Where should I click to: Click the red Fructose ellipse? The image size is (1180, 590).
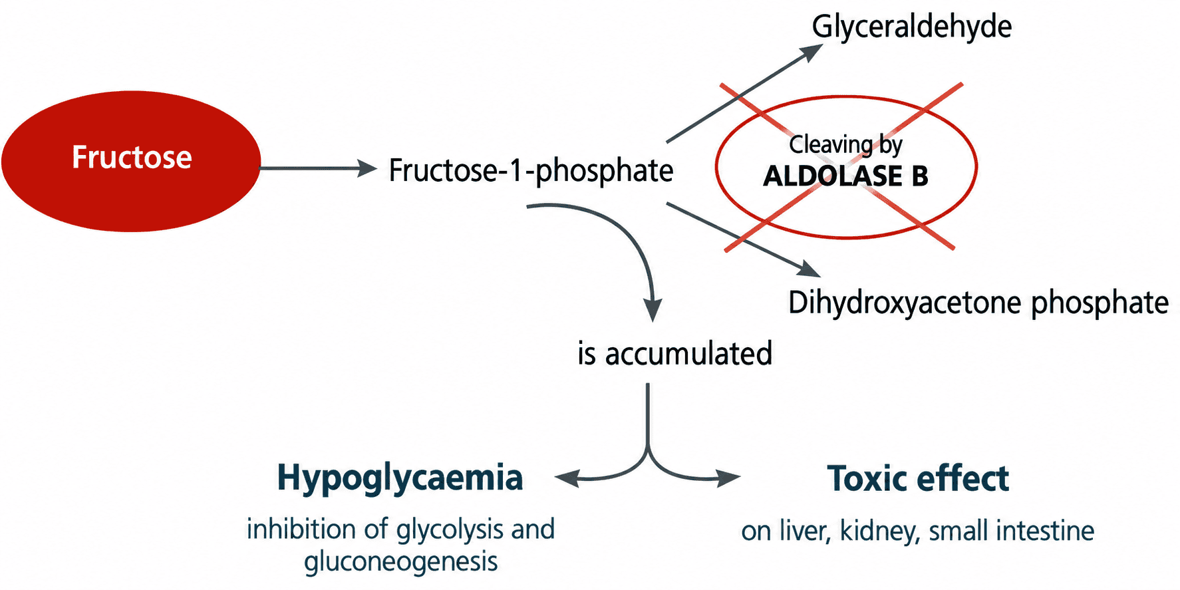(x=131, y=161)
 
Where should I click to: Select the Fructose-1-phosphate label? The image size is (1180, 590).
(x=531, y=171)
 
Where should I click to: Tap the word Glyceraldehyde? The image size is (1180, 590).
(x=911, y=27)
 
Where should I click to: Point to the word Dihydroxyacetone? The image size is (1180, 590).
(x=905, y=303)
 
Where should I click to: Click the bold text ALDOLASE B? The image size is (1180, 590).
(x=845, y=176)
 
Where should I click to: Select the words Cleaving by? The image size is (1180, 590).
(x=845, y=144)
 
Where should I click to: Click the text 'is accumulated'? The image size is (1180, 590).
(x=674, y=353)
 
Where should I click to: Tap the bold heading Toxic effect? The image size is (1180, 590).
(x=918, y=478)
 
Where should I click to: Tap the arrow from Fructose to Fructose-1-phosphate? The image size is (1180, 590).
(x=319, y=168)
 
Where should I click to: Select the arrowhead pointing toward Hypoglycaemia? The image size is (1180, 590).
(x=567, y=478)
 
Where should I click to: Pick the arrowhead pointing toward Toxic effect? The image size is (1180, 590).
(x=728, y=478)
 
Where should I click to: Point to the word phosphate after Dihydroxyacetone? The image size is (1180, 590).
(x=1100, y=303)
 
